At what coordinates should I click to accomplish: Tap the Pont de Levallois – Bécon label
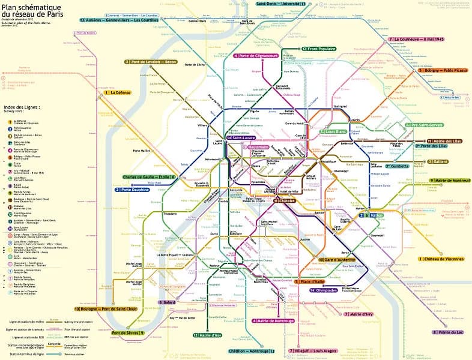[x=153, y=62]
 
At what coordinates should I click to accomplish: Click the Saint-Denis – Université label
[x=281, y=4]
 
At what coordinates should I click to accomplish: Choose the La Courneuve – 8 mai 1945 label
[x=419, y=39]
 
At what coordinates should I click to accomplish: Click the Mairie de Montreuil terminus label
[x=447, y=180]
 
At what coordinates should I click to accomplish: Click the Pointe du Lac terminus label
[x=451, y=332]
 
